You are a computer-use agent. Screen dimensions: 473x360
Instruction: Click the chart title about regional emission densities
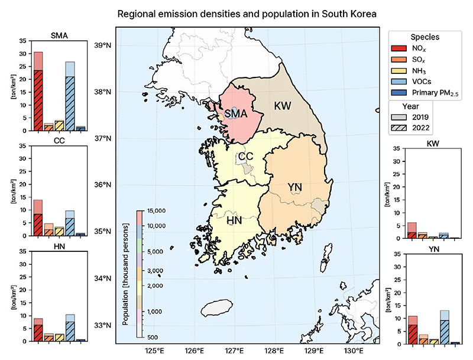point(247,14)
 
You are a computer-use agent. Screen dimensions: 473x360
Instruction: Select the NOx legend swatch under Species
point(399,48)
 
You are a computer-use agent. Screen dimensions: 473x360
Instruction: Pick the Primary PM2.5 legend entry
point(425,93)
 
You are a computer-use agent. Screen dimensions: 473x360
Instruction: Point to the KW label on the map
point(283,106)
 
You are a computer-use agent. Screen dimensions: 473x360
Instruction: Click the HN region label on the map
point(234,220)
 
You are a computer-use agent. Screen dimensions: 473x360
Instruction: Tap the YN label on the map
point(294,187)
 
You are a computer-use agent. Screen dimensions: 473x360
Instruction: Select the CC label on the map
point(245,157)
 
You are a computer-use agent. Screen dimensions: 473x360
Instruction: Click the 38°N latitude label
point(103,92)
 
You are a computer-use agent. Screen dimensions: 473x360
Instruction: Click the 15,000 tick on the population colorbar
point(156,210)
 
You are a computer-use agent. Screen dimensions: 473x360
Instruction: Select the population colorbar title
point(125,274)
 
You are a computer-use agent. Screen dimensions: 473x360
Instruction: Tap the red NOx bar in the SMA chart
point(38,92)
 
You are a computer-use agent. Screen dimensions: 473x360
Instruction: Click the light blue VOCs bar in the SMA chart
point(70,96)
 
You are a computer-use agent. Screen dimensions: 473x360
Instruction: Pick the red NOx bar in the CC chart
point(38,218)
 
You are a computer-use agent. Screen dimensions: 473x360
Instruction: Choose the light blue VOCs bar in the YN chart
point(445,327)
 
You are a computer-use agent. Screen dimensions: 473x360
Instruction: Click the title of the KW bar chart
point(433,144)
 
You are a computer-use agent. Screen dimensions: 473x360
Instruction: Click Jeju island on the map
point(216,307)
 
